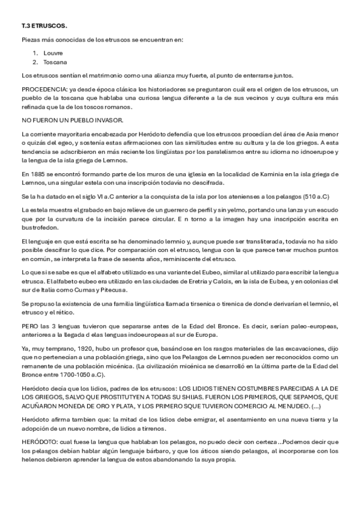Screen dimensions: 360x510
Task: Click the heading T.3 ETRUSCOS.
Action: [41, 26]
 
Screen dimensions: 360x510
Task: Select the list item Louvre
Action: [53, 53]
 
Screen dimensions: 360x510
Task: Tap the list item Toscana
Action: [55, 62]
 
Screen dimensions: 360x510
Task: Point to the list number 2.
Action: [36, 62]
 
